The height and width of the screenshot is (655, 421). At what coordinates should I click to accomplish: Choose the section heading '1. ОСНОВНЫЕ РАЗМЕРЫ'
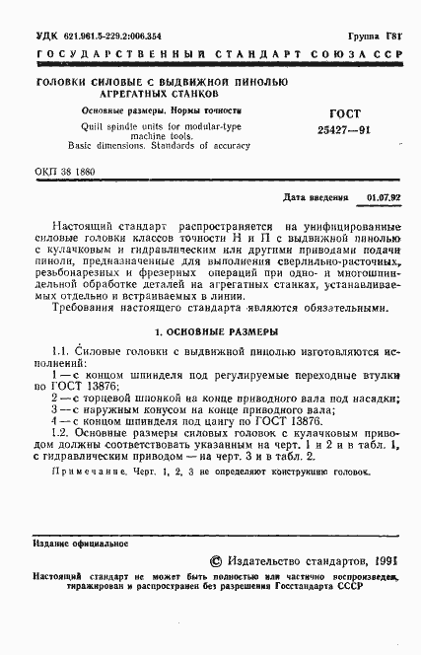(x=209, y=332)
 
